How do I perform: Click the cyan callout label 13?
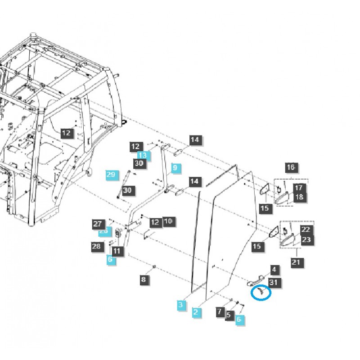[142, 155]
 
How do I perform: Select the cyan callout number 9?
[175, 168]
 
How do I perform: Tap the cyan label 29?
[111, 174]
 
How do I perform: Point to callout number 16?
[291, 167]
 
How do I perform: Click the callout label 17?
[299, 188]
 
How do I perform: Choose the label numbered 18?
[299, 197]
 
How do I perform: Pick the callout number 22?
[306, 229]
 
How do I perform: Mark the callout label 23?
[306, 239]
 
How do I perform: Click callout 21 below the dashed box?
[296, 262]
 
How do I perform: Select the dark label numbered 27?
[98, 223]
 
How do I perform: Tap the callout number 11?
[117, 251]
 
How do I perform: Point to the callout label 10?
[168, 221]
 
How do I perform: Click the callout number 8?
[144, 279]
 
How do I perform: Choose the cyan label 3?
[181, 305]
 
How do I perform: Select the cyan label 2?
[196, 311]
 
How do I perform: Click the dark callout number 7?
[220, 311]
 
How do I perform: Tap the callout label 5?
[229, 315]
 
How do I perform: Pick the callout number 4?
[274, 270]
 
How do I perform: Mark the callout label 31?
[274, 282]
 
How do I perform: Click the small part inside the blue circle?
[260, 292]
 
